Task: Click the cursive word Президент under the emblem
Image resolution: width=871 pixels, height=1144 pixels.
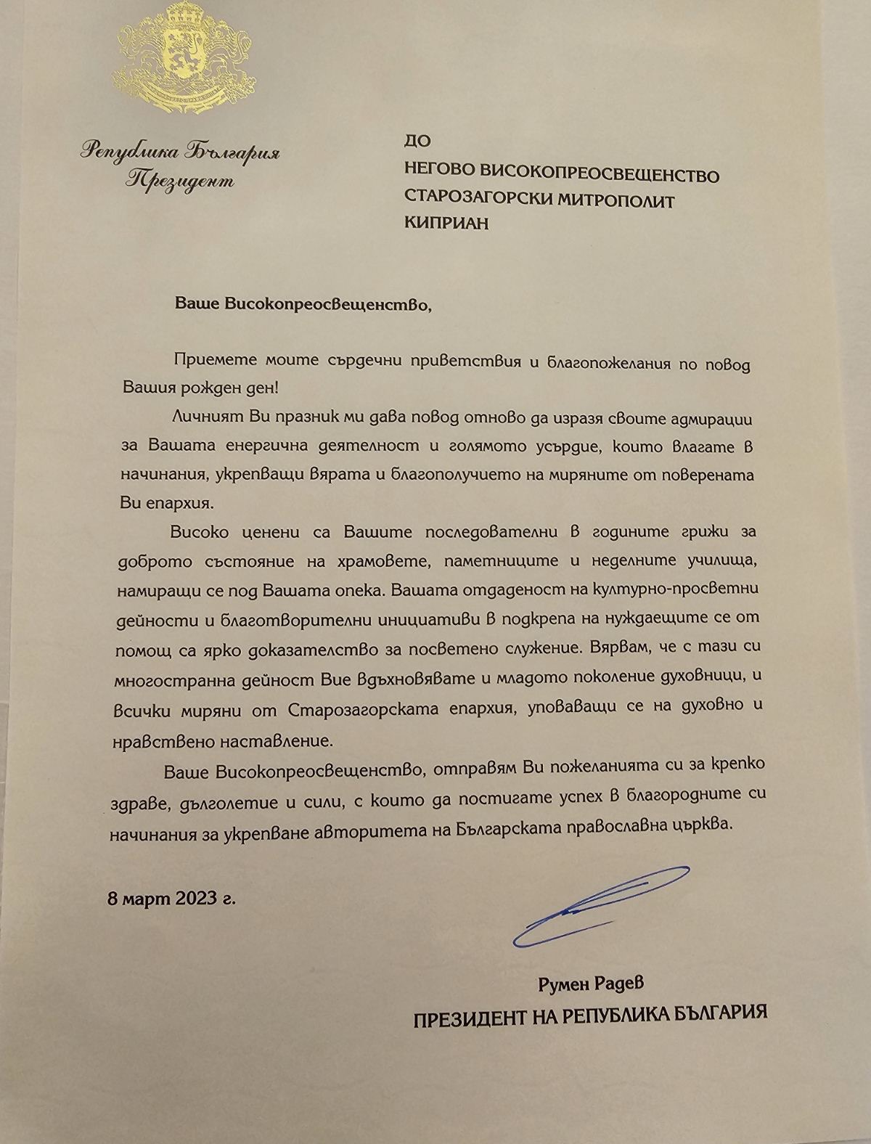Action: (180, 180)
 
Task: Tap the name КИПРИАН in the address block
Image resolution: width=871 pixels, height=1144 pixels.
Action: (446, 223)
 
